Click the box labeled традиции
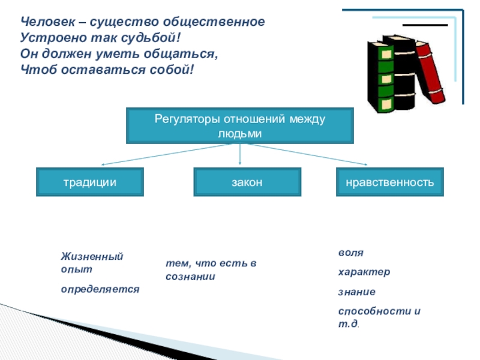[90, 182]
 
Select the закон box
[247, 182]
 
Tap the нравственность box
[391, 182]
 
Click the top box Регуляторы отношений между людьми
[239, 125]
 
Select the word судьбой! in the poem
[155, 38]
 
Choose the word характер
[364, 272]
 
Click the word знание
[356, 292]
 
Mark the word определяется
[100, 289]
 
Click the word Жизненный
[91, 257]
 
